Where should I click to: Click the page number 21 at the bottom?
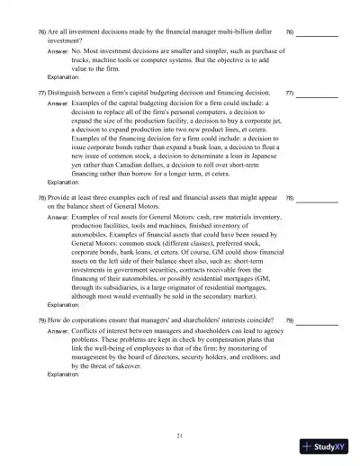click(x=180, y=435)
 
